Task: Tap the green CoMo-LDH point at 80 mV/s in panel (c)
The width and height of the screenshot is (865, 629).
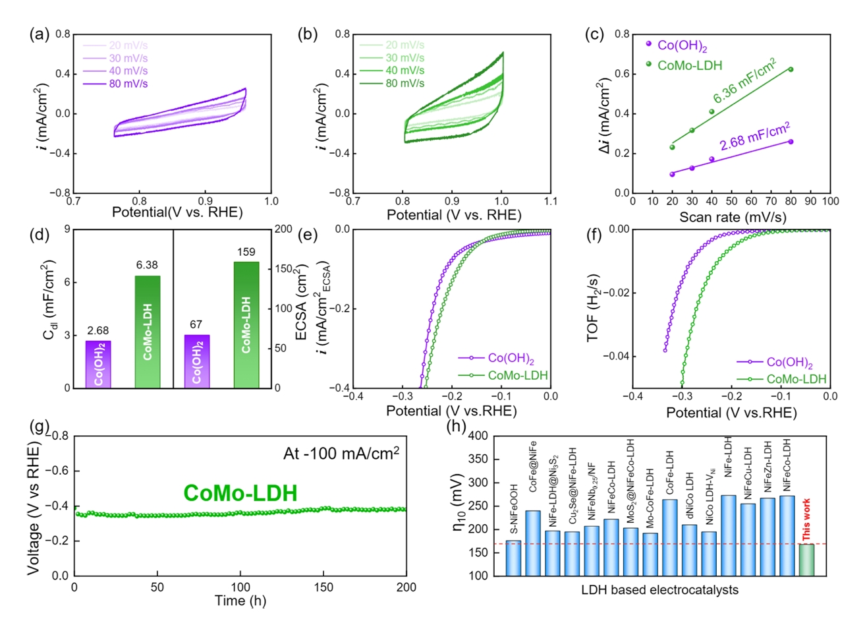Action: [x=791, y=69]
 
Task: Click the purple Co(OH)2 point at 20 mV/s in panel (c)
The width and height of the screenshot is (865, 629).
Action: [x=672, y=174]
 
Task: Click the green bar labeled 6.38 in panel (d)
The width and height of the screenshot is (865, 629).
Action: [x=148, y=332]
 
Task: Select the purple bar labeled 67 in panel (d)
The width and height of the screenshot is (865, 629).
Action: [x=196, y=361]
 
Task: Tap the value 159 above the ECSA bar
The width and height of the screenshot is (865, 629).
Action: [x=246, y=252]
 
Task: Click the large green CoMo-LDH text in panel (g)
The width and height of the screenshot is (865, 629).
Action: [x=240, y=493]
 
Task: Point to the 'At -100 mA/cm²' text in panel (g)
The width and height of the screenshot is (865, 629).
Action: [x=341, y=454]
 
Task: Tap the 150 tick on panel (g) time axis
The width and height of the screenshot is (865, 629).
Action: [x=323, y=587]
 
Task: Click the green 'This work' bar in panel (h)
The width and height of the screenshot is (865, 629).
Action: [x=807, y=560]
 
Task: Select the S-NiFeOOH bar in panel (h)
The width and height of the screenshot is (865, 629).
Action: [x=513, y=558]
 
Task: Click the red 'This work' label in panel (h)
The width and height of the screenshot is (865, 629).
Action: [x=806, y=520]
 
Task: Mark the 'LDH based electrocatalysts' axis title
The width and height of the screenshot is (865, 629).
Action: [x=659, y=590]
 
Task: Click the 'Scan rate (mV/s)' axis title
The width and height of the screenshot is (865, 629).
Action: [x=733, y=217]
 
